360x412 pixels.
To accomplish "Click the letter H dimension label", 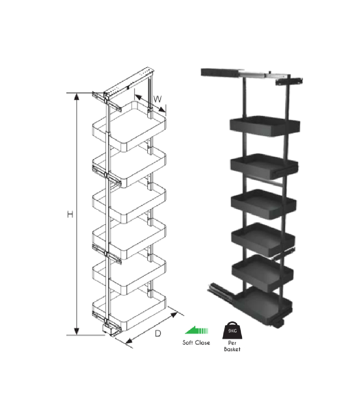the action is pos(70,215).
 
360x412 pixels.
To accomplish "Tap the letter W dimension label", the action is pos(157,99).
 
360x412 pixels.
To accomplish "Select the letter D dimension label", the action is pos(158,334).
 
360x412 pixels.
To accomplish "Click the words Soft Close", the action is pos(196,343).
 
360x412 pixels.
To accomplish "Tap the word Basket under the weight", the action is pos(232,349).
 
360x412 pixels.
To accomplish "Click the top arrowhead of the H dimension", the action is pos(76,97).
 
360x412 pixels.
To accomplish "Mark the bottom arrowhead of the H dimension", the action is pos(76,331).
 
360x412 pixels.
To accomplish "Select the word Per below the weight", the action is pos(232,343).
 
